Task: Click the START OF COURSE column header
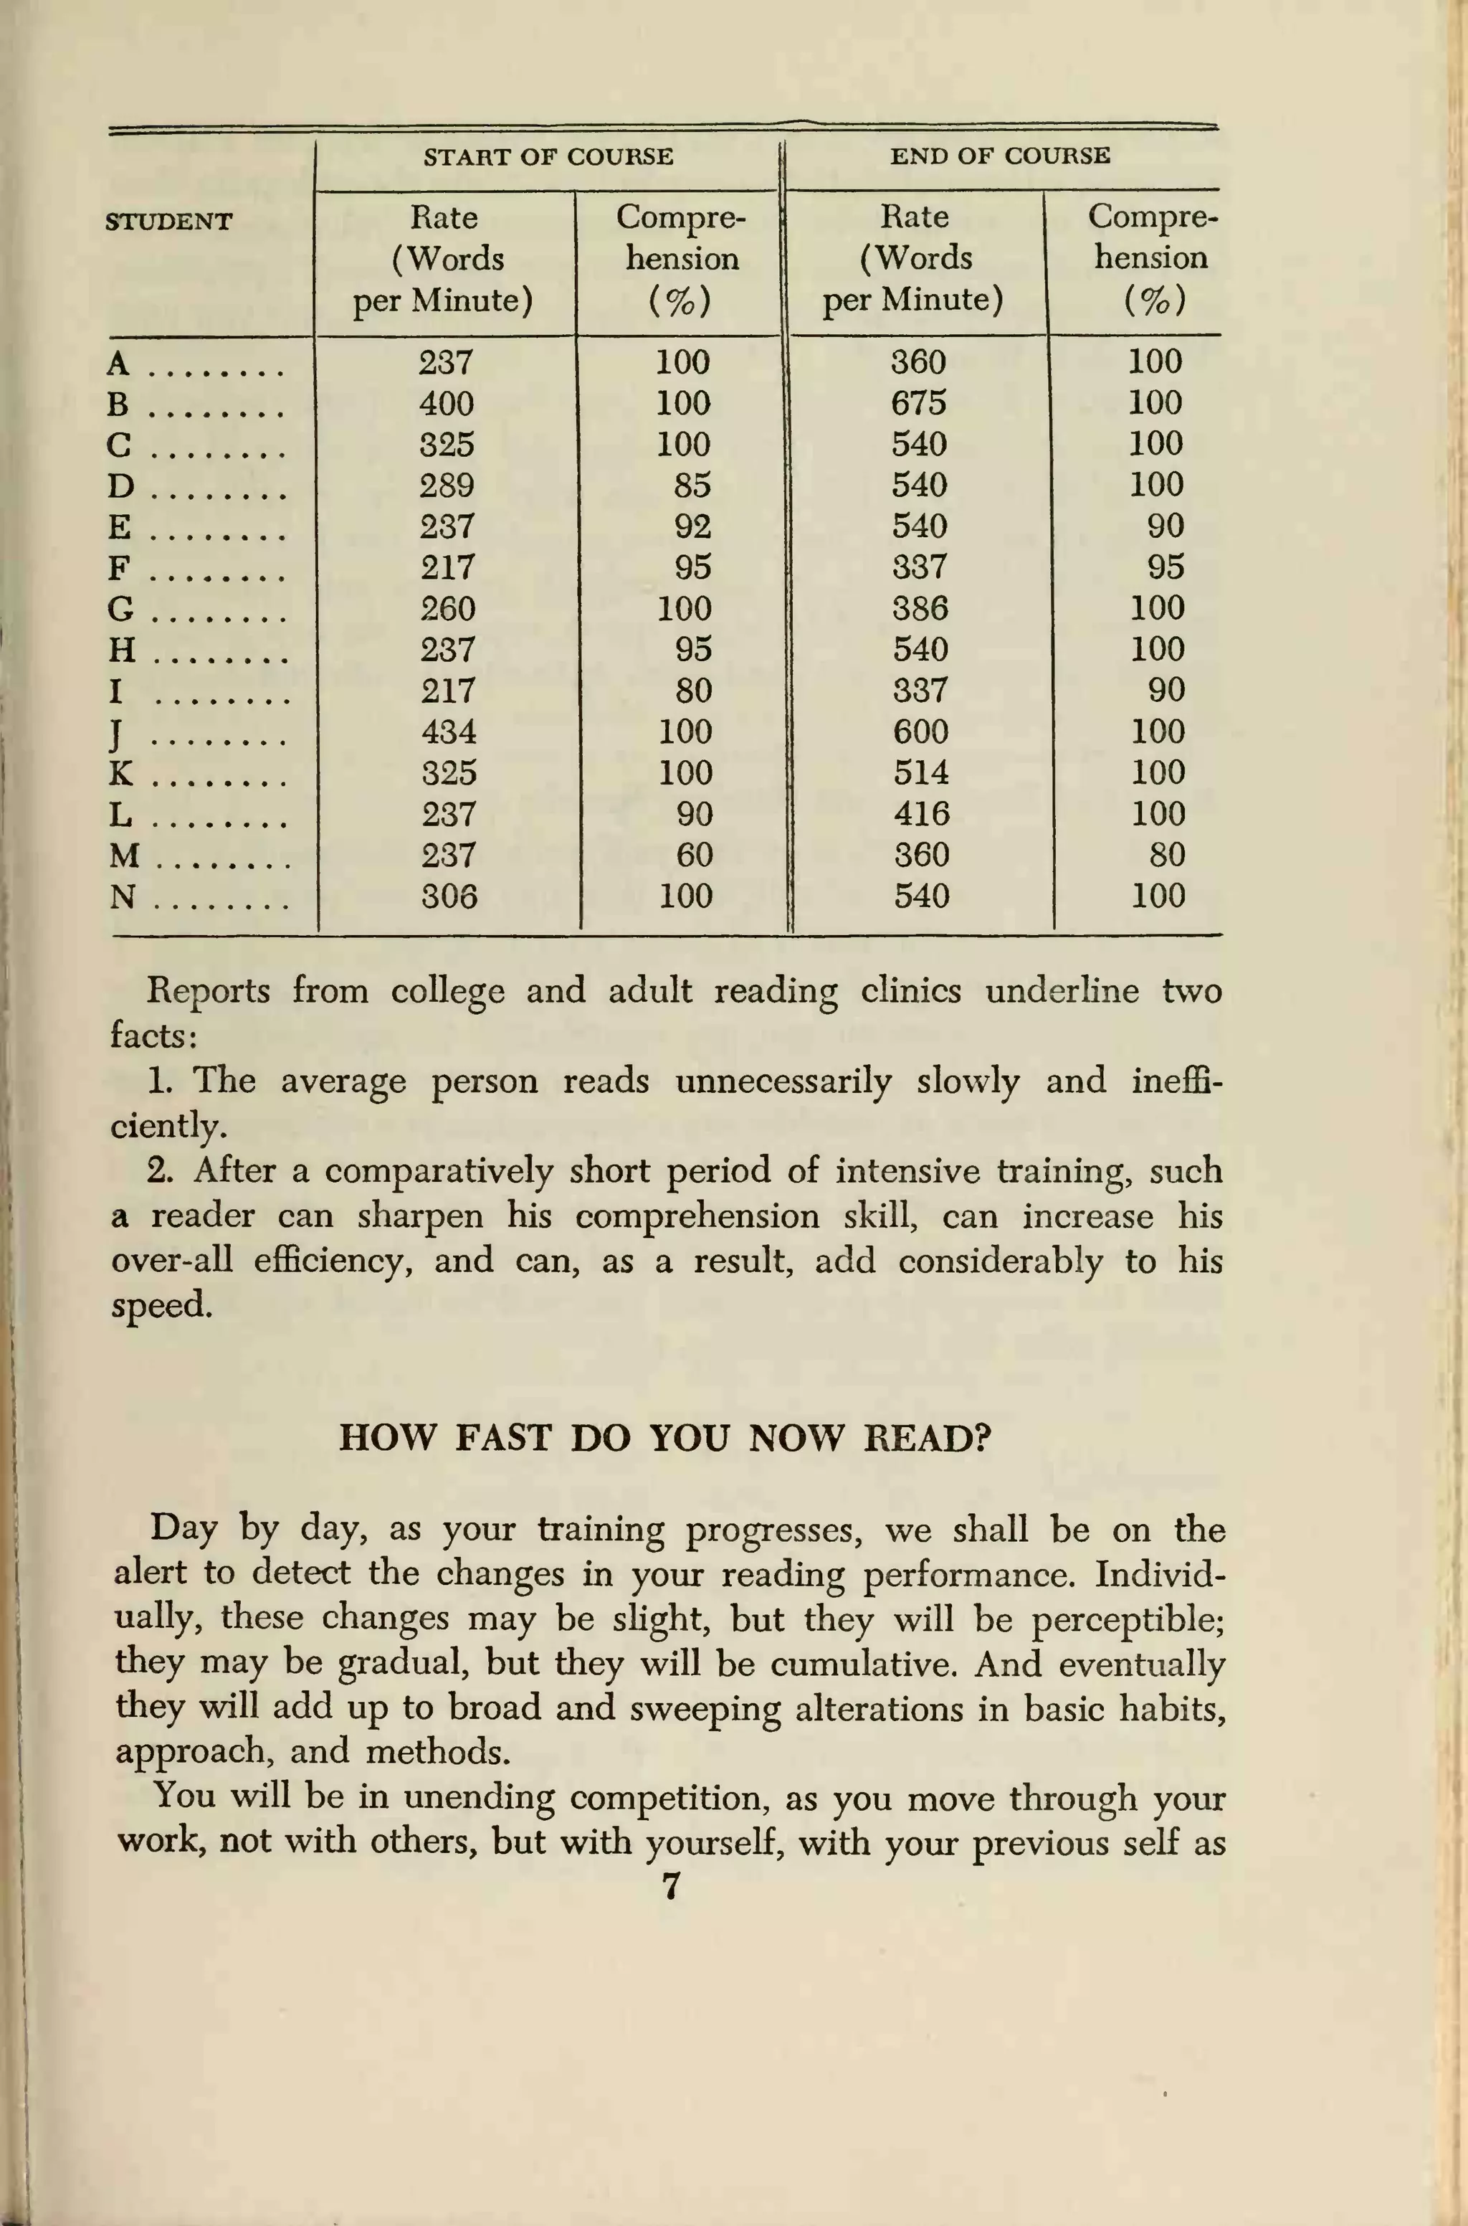point(548,156)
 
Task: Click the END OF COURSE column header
point(1000,156)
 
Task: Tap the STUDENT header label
point(168,222)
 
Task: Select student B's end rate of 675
point(918,403)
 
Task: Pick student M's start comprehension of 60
point(694,855)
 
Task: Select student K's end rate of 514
point(921,772)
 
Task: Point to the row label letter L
point(120,815)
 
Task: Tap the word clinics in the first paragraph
point(910,991)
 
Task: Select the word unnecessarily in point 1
point(783,1081)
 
